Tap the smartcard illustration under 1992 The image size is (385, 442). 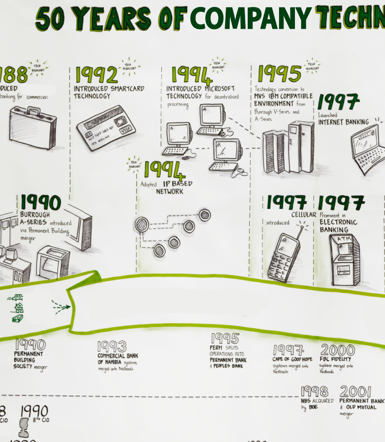coord(106,128)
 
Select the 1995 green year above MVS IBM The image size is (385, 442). coord(279,73)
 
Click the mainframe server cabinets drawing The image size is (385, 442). coord(287,148)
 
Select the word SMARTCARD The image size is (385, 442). coord(127,89)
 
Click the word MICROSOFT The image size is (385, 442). coord(219,89)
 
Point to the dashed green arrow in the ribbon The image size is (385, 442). coord(60,306)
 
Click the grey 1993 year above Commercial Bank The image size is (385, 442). coord(112,346)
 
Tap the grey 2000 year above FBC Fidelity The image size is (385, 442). coord(337,350)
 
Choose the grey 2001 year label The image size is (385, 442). coord(355,392)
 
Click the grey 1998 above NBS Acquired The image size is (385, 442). coord(314,392)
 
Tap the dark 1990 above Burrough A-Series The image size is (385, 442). coord(40,202)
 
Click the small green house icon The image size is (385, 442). coord(19,308)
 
